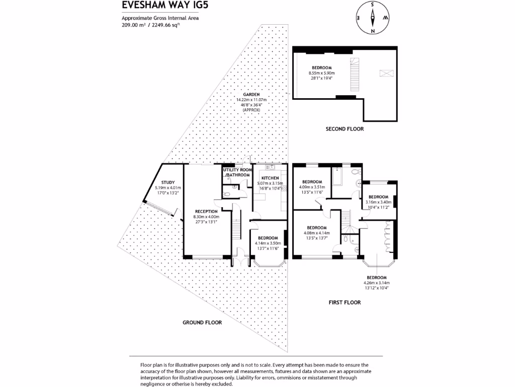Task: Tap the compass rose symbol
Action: click(373, 17)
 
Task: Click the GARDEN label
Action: click(251, 94)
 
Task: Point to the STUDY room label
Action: click(167, 182)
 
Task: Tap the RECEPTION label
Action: click(206, 211)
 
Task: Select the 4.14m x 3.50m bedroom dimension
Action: click(268, 243)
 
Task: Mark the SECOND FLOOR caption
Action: click(345, 129)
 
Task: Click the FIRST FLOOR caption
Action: click(345, 303)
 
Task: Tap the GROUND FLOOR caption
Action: click(202, 322)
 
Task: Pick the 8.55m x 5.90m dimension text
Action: click(321, 73)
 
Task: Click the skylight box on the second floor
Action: click(386, 73)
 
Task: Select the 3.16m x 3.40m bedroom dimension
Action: click(378, 202)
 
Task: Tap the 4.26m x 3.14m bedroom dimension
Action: click(376, 283)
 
